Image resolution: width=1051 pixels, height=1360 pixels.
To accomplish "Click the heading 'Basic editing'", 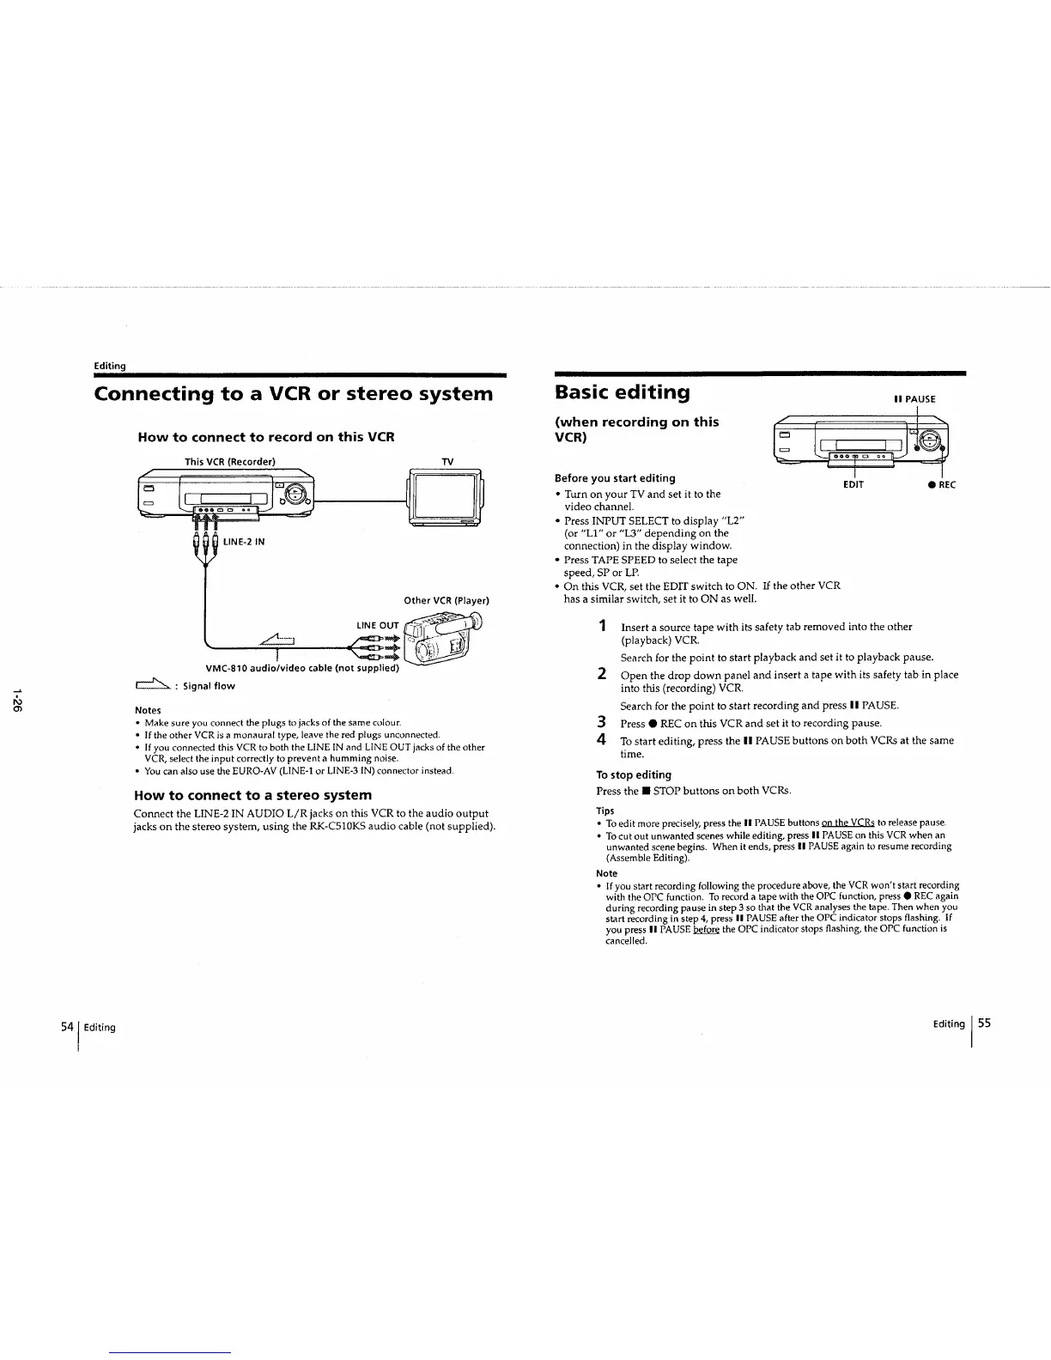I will point(622,393).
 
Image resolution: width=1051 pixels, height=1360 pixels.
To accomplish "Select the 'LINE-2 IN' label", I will point(245,542).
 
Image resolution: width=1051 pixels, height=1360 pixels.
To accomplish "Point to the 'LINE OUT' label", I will point(378,625).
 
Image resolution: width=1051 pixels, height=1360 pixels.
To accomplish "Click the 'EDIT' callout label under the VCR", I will point(854,484).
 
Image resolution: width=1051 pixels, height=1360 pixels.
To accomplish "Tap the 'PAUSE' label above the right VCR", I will point(914,399).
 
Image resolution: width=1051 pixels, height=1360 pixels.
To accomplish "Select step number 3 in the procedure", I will point(603,722).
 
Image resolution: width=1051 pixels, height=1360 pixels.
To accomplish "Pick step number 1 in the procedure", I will point(604,625).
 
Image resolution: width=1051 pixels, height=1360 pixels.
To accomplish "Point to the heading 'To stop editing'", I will point(634,774).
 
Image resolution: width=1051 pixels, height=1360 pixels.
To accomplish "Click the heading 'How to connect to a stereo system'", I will point(253,795).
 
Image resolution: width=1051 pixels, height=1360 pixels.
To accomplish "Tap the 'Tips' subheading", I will point(604,811).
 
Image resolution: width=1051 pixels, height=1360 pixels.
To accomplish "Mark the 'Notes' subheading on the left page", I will point(148,710).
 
